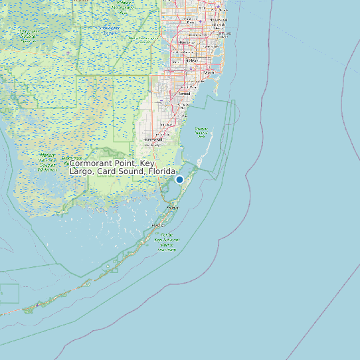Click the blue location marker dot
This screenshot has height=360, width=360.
point(179,179)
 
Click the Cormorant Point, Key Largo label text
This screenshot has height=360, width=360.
point(122,167)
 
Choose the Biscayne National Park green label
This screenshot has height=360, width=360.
point(201,132)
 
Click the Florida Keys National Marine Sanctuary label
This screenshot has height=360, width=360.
point(167,242)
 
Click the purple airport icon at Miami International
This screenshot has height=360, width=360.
point(191,66)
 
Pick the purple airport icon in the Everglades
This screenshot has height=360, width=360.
point(68,52)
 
